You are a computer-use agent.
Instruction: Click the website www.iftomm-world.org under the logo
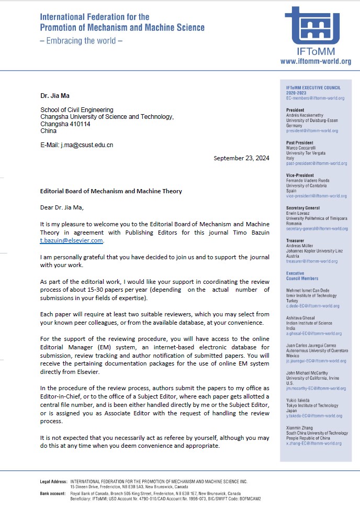pos(316,61)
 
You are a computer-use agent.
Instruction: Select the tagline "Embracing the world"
pos(81,41)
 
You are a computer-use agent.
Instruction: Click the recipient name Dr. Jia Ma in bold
pos(55,95)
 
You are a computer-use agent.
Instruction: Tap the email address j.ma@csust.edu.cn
pos(86,145)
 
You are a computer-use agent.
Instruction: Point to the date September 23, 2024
pos(241,158)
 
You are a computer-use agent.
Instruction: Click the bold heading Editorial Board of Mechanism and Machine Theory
pos(111,191)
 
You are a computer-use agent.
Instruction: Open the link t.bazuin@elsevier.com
pos(72,240)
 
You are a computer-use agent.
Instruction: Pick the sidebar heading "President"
pos(296,110)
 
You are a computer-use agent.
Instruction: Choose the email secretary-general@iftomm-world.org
pos(317,228)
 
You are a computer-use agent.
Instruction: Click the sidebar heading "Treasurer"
pos(296,240)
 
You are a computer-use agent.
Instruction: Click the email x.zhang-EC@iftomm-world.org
pos(314,444)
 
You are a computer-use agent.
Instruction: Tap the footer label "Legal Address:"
pos(54,481)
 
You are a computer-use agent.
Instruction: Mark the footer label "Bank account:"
pos(53,493)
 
